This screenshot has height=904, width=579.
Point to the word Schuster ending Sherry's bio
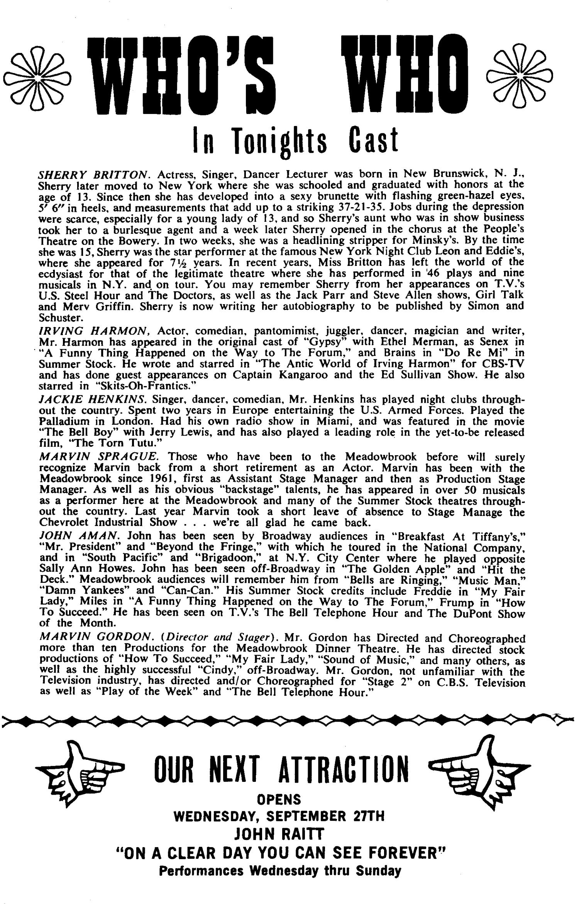[58, 317]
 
